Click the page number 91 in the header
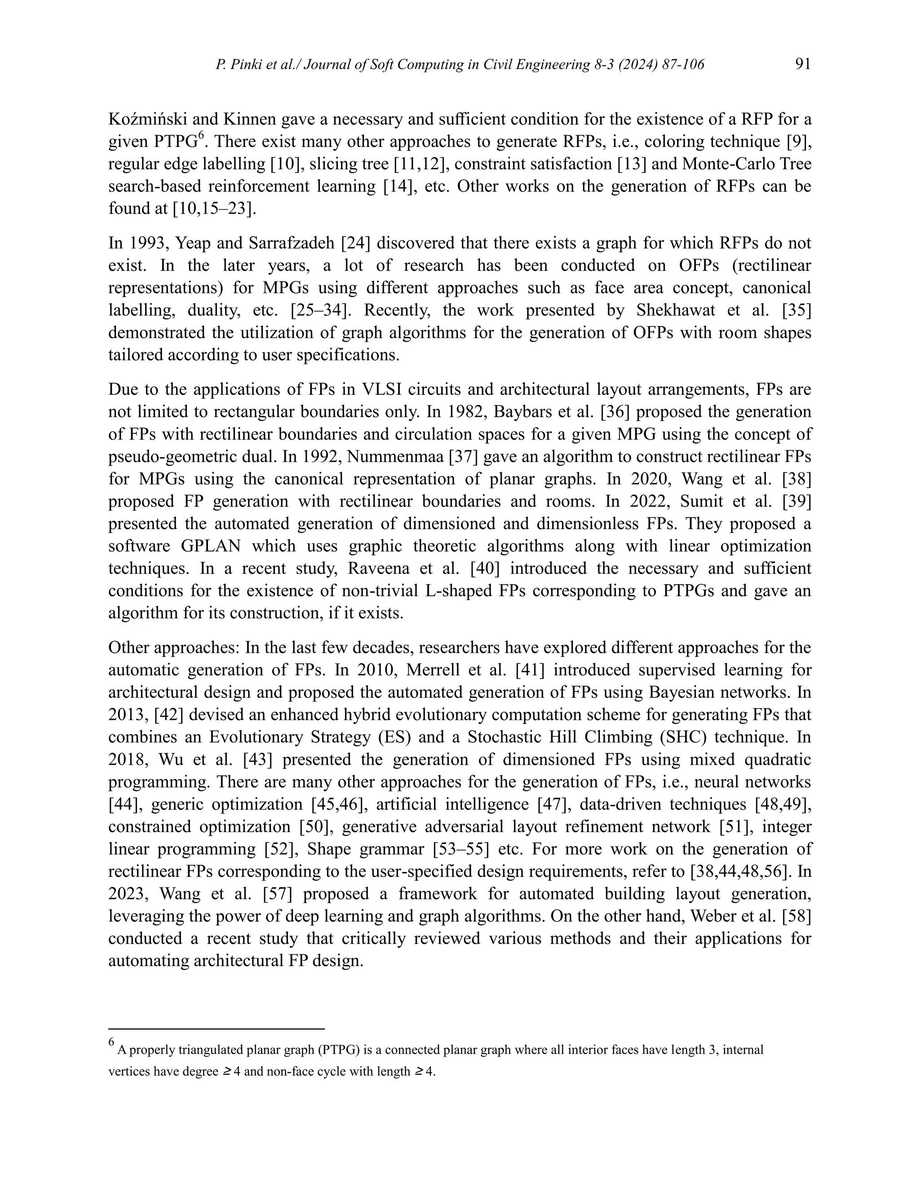coord(803,64)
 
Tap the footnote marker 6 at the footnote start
coord(111,1042)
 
